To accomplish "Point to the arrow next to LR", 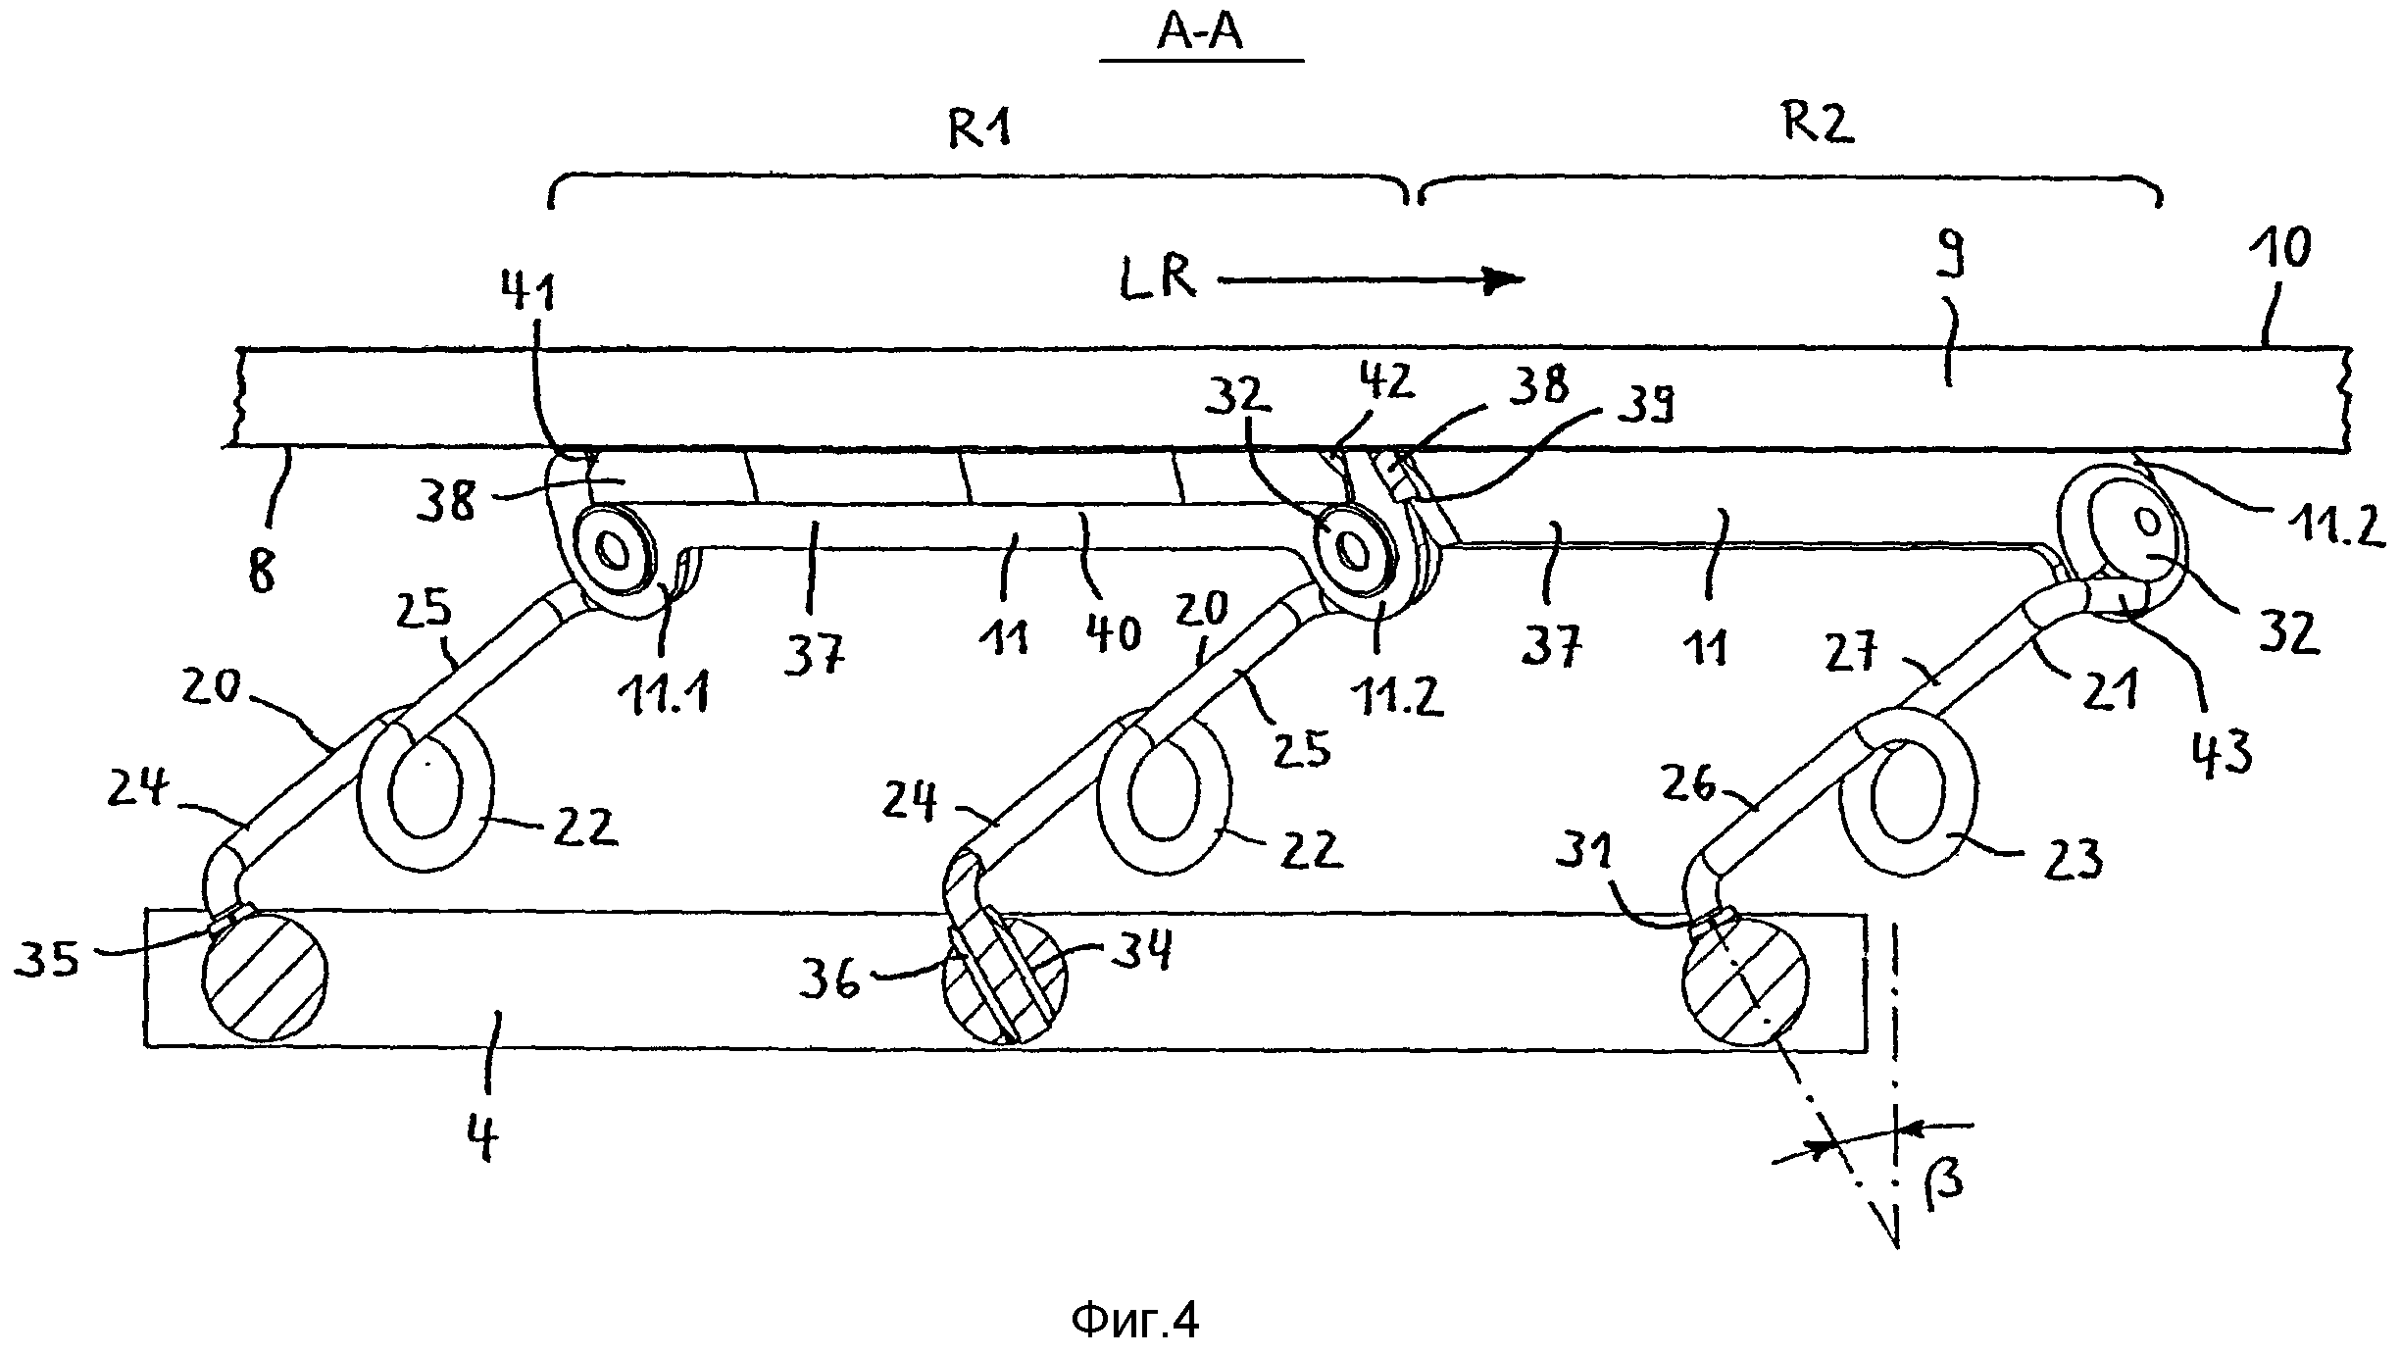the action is pyautogui.click(x=1373, y=280).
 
